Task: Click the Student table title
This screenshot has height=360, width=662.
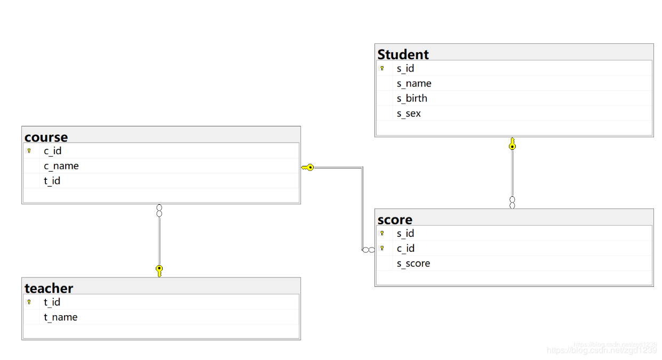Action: pyautogui.click(x=403, y=54)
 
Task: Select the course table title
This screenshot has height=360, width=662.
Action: pyautogui.click(x=46, y=137)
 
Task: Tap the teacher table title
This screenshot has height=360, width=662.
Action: pyautogui.click(x=49, y=288)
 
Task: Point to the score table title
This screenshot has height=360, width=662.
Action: pyautogui.click(x=395, y=220)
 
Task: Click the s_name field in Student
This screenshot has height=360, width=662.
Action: pyautogui.click(x=414, y=84)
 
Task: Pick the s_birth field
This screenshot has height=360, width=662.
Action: pyautogui.click(x=412, y=99)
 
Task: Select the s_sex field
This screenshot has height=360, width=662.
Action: pyautogui.click(x=409, y=114)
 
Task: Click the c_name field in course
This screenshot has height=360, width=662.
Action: pyautogui.click(x=61, y=166)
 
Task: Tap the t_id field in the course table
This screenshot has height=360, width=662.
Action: pyautogui.click(x=52, y=181)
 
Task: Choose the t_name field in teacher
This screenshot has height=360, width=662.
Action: pyautogui.click(x=61, y=317)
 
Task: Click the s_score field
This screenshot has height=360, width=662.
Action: pyautogui.click(x=413, y=263)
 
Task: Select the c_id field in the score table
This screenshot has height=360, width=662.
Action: pyautogui.click(x=405, y=249)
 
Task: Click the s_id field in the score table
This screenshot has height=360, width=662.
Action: pyautogui.click(x=405, y=234)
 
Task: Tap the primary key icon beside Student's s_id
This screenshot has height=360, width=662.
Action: pyautogui.click(x=382, y=68)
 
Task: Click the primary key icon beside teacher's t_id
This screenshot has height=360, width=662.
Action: pyautogui.click(x=29, y=302)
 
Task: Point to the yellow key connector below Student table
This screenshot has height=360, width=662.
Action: pyautogui.click(x=512, y=143)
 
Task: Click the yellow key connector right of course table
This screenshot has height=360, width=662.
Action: pyautogui.click(x=307, y=167)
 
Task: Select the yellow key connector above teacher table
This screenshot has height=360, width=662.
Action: pyautogui.click(x=159, y=271)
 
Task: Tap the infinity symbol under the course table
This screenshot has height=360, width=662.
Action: pyautogui.click(x=159, y=211)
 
